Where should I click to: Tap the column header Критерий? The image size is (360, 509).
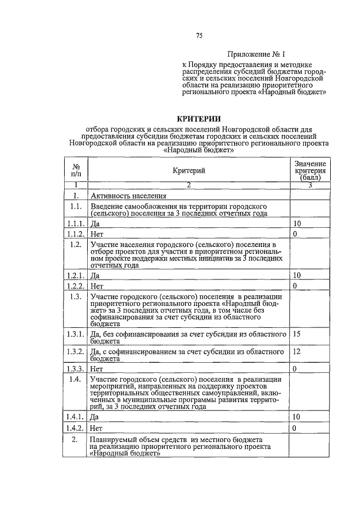pyautogui.click(x=189, y=170)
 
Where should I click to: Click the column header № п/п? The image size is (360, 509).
pyautogui.click(x=75, y=170)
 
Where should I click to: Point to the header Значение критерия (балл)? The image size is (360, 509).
pyautogui.click(x=309, y=170)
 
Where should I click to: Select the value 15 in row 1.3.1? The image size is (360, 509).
pyautogui.click(x=298, y=334)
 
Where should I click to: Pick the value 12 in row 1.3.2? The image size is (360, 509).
pyautogui.click(x=298, y=351)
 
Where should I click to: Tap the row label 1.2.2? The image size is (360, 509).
pyautogui.click(x=75, y=286)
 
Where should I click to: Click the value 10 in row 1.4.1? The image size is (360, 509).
pyautogui.click(x=298, y=417)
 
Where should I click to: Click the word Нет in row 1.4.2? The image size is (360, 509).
pyautogui.click(x=96, y=428)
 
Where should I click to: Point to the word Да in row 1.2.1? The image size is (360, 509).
pyautogui.click(x=95, y=276)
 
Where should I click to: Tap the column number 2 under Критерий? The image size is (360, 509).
pyautogui.click(x=189, y=185)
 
